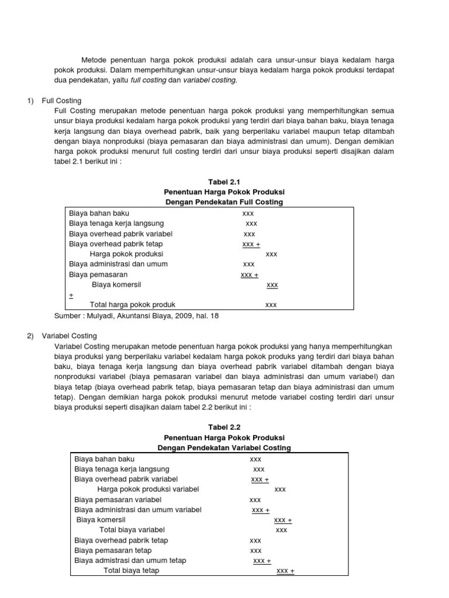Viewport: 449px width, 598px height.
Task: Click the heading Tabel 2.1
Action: coord(224,182)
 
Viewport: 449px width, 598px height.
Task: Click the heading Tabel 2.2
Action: coord(224,427)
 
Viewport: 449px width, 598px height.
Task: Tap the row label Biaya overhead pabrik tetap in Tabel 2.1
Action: coord(116,244)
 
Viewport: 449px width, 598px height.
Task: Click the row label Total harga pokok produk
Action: coord(132,305)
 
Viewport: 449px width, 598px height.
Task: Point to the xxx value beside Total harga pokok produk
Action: coord(271,305)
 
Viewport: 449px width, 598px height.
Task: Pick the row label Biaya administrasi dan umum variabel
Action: coord(138,510)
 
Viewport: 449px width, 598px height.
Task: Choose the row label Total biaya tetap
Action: coord(131,571)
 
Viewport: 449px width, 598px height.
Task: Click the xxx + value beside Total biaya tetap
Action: coord(285,571)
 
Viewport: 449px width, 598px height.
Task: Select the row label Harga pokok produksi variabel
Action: coord(148,489)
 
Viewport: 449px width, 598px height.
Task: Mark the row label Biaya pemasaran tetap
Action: coord(113,551)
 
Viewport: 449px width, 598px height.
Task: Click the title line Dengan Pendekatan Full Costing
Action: coord(224,202)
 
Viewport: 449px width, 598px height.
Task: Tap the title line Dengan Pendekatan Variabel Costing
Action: coord(224,448)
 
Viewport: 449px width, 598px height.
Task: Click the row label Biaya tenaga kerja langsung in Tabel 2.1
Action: coord(116,224)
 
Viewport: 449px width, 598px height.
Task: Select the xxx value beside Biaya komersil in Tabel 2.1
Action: coord(272,285)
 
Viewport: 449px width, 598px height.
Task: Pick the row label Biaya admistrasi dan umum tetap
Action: coord(130,561)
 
